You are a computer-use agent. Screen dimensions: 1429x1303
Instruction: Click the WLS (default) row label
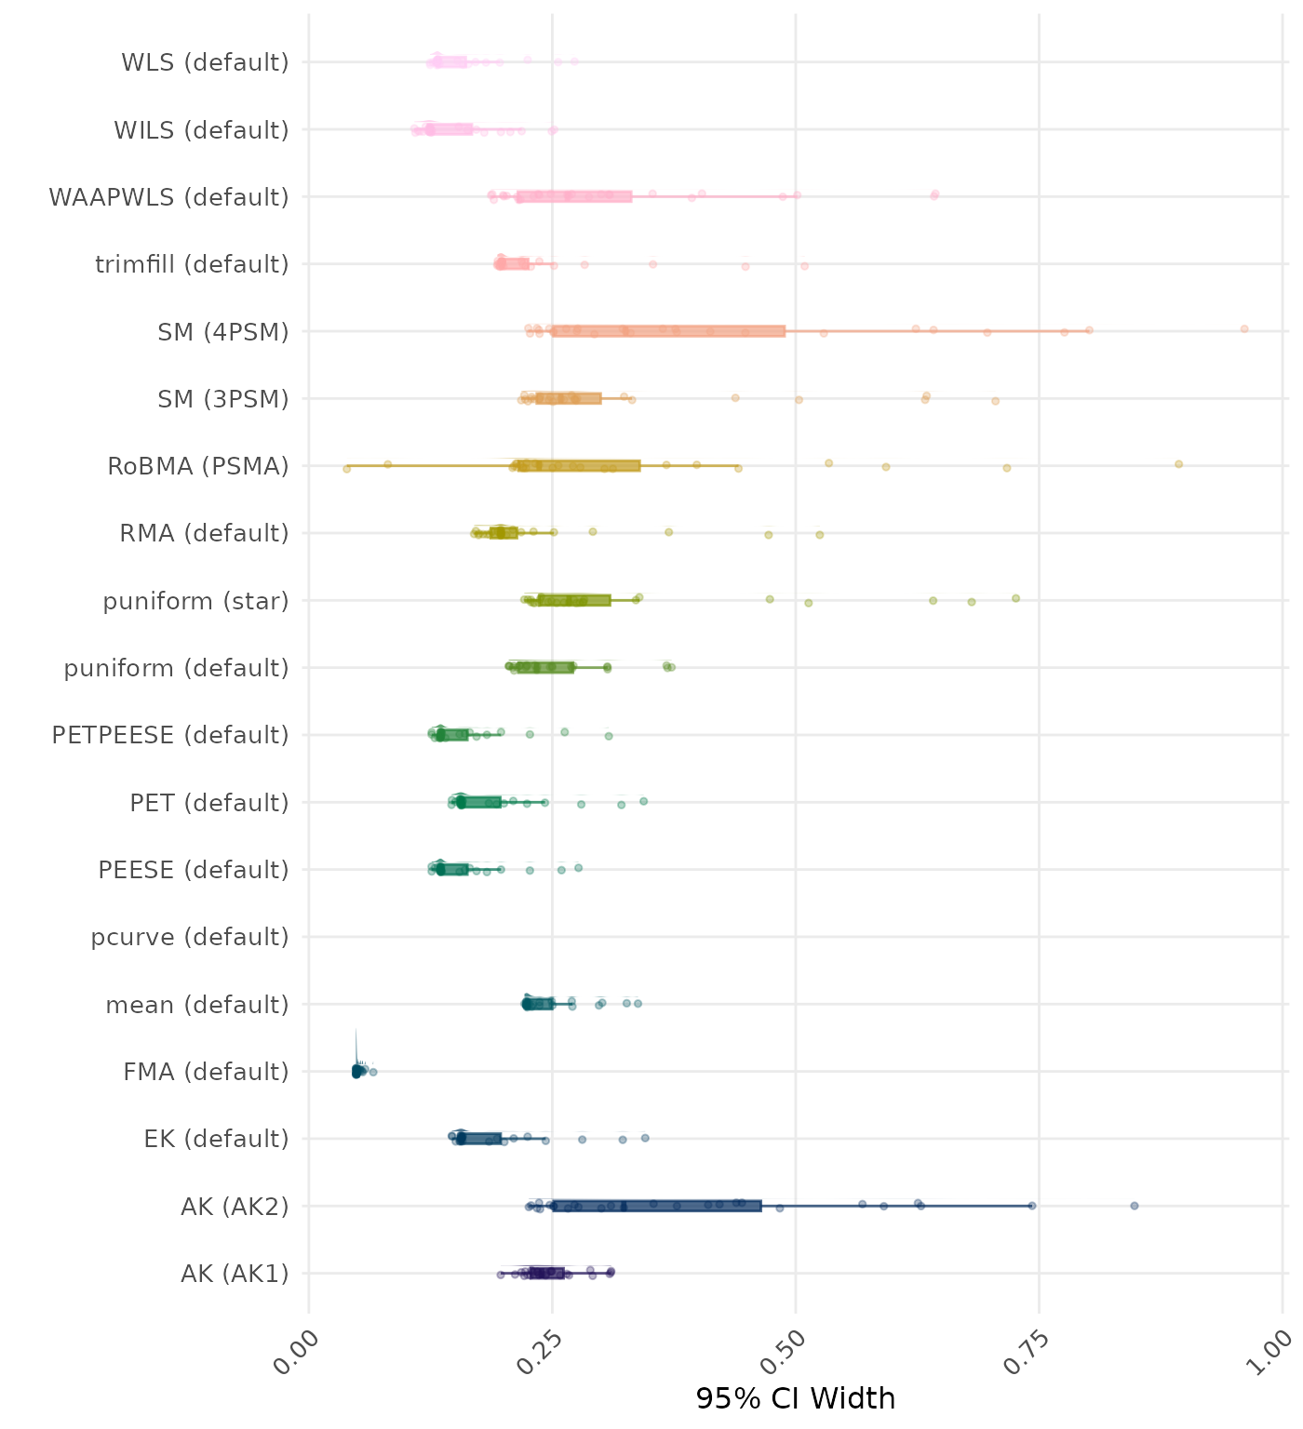[205, 62]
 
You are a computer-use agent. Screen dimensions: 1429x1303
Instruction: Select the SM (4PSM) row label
[223, 332]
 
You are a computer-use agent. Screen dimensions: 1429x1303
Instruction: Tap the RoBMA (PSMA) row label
[198, 466]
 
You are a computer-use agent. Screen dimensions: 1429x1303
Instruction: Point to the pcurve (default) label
[190, 937]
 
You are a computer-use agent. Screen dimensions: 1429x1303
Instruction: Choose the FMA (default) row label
[206, 1072]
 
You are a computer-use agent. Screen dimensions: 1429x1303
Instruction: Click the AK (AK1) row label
[235, 1274]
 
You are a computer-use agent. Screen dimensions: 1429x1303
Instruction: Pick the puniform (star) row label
[195, 601]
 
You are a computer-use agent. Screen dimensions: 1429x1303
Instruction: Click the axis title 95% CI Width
[795, 1398]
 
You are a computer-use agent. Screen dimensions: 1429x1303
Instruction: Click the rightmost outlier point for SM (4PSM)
[1244, 328]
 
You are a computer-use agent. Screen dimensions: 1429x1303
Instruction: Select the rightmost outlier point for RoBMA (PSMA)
[1178, 463]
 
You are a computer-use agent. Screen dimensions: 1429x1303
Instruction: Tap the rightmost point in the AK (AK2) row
[1135, 1206]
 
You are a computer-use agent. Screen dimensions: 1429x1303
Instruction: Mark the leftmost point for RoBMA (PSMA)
[347, 469]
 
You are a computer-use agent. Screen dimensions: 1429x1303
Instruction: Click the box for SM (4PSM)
[668, 331]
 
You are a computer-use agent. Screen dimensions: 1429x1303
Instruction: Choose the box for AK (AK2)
[656, 1206]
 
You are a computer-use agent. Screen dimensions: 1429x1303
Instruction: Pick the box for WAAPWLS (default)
[574, 196]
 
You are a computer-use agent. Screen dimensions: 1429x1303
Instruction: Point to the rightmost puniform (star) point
[1015, 598]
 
